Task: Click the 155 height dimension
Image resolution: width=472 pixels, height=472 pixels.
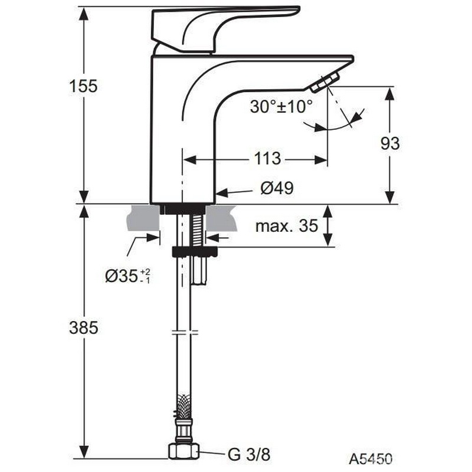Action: click(x=83, y=86)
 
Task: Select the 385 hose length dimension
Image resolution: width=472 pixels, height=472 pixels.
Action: click(x=83, y=327)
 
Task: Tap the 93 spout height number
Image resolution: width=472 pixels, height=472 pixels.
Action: click(x=390, y=143)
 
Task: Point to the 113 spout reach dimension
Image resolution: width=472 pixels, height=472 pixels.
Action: click(x=267, y=159)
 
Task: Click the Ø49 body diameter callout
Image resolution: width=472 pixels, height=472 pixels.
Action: click(x=277, y=188)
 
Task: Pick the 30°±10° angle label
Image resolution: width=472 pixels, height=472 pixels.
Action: click(x=281, y=107)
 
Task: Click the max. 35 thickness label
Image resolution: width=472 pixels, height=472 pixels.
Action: click(x=287, y=225)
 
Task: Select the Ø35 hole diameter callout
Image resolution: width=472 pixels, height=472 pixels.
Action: click(x=127, y=276)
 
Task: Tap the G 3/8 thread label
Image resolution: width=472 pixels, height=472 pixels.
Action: click(x=249, y=454)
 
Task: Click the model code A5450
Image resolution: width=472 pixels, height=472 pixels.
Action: click(x=371, y=459)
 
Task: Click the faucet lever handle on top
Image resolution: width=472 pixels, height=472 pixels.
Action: click(x=225, y=29)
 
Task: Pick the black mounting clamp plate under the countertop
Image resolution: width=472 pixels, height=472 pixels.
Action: click(x=195, y=252)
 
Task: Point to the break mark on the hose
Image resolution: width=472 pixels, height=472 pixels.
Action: click(x=183, y=332)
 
